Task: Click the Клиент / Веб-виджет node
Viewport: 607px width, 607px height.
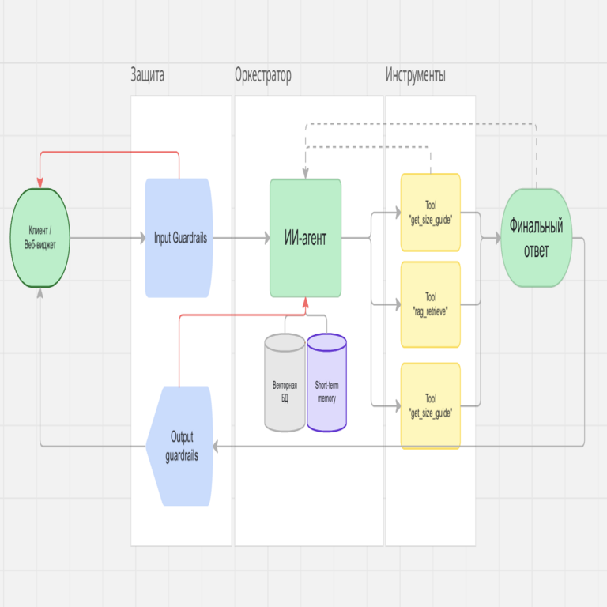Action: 40,237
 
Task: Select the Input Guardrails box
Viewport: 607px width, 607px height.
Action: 179,237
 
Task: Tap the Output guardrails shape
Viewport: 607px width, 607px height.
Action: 181,447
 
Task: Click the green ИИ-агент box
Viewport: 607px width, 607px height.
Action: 305,237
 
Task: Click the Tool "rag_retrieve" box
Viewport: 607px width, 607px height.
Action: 430,304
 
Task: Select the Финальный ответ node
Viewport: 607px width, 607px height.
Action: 536,237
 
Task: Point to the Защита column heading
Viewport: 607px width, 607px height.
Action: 148,76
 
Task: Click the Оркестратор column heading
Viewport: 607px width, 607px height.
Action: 262,76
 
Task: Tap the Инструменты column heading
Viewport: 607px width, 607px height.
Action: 416,76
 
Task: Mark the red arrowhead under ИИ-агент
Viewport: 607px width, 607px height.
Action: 305,303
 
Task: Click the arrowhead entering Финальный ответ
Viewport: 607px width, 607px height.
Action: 496,237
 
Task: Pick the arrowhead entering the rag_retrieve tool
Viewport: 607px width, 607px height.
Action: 396,303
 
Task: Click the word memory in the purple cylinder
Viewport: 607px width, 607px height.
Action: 326,398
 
